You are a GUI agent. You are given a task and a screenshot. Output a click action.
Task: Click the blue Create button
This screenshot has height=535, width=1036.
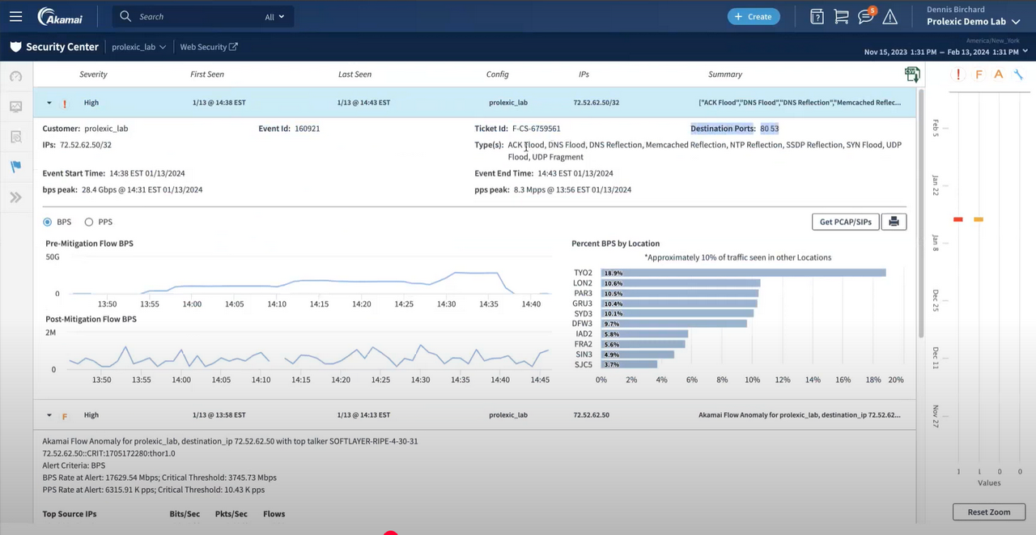coord(753,16)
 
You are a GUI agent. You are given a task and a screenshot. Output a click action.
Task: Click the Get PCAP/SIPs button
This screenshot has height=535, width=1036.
coord(845,222)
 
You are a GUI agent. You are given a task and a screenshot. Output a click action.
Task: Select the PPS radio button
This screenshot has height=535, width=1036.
coord(89,222)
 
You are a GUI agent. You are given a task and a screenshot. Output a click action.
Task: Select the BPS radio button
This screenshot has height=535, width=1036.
coord(48,222)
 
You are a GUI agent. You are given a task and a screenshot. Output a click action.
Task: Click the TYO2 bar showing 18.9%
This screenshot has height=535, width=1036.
coord(743,273)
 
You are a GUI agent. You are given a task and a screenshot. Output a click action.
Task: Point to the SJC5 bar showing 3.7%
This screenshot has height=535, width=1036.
coord(629,364)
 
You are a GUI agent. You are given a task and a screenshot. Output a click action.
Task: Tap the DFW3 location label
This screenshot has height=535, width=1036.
coord(583,324)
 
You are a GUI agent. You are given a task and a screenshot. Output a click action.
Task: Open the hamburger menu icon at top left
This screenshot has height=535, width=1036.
coord(15,16)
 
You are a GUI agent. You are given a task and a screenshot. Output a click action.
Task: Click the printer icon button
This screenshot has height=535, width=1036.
coord(894,222)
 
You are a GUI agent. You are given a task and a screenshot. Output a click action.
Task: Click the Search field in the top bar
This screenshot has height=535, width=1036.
coord(194,16)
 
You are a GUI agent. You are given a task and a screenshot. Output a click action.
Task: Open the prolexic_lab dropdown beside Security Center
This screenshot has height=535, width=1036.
coord(138,47)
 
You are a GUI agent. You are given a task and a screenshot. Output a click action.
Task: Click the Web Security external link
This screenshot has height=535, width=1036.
coord(208,47)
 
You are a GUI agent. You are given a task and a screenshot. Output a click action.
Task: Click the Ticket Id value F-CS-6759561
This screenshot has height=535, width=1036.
coord(536,129)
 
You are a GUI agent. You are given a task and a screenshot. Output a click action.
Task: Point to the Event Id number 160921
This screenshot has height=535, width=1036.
coord(307,129)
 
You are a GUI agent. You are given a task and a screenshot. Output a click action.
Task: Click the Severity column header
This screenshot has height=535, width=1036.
coord(93,74)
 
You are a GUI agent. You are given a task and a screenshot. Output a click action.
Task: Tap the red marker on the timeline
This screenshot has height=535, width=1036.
coord(957,219)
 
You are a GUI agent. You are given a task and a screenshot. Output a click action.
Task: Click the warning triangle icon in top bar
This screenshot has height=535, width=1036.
coord(890,17)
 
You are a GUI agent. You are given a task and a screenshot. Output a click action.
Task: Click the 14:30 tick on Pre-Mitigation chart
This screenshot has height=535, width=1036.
coord(446,304)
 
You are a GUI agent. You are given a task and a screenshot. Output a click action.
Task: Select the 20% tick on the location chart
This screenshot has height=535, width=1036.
coord(895,380)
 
